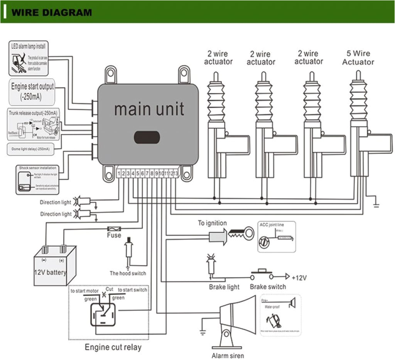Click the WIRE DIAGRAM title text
tap(52, 12)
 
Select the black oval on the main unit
tap(147, 137)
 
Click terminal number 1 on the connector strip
tap(119, 174)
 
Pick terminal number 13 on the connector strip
tap(176, 174)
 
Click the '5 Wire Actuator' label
tap(358, 58)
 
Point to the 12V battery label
tap(51, 273)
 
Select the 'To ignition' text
tap(212, 223)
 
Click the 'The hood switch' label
tap(128, 273)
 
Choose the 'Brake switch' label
tap(268, 287)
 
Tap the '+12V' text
tap(300, 277)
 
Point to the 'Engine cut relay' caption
tap(113, 347)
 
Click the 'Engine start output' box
tap(32, 91)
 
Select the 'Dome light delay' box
tap(34, 149)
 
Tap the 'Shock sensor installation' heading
tap(37, 168)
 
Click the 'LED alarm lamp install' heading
tap(28, 46)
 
